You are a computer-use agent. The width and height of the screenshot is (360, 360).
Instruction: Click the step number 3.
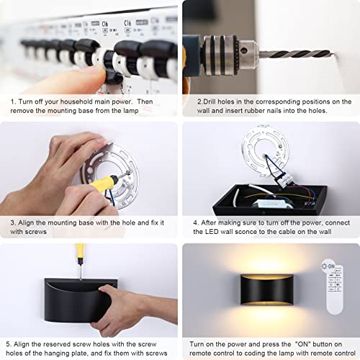click(13, 222)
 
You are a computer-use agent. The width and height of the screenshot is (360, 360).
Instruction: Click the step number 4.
click(197, 222)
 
